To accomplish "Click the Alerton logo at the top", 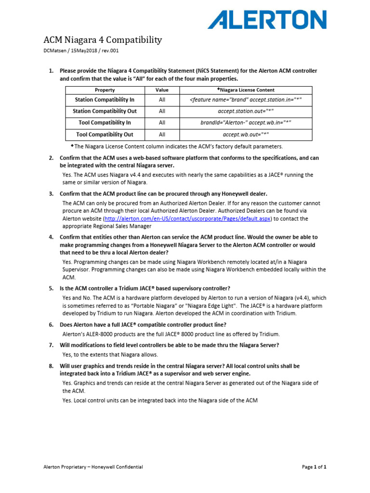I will [267, 20].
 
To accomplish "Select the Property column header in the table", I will [105, 90].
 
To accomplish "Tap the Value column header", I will [162, 90].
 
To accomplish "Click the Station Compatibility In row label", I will [105, 100].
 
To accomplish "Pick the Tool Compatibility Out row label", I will [105, 135].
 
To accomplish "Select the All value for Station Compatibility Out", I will [162, 111].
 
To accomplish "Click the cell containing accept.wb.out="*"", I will [246, 135].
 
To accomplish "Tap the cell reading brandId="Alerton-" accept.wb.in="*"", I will [246, 123].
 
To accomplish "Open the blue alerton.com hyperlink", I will [188, 219].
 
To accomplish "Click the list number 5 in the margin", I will [51, 288].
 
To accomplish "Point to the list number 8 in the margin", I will [51, 366].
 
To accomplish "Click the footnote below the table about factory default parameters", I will [177, 146].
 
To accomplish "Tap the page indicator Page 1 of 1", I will [314, 467].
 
